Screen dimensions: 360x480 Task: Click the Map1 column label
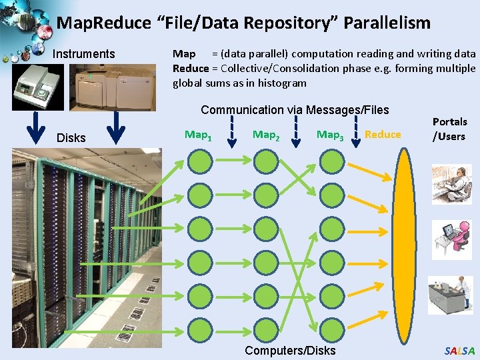(198, 135)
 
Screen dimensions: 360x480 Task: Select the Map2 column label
(266, 135)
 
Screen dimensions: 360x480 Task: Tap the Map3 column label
(330, 135)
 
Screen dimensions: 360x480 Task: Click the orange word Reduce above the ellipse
(383, 135)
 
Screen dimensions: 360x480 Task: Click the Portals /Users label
(450, 129)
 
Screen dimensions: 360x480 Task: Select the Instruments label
(84, 54)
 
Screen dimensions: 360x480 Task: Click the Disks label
(71, 138)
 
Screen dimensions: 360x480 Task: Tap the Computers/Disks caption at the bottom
(290, 351)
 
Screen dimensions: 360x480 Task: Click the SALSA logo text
(460, 351)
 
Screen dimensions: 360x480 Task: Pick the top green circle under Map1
(199, 161)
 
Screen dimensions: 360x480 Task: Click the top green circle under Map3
(331, 161)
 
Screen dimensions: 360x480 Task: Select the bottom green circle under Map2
(266, 327)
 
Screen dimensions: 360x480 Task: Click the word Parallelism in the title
(387, 23)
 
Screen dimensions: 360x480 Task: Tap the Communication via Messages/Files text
(295, 110)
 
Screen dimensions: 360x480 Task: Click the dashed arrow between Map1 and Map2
(232, 131)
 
